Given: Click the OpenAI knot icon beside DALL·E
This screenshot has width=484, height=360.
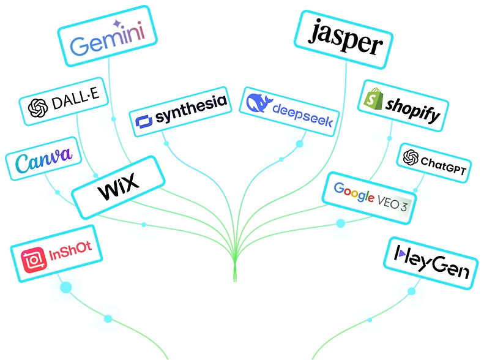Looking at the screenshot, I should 38,108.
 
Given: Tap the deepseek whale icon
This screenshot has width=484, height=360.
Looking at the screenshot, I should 258,102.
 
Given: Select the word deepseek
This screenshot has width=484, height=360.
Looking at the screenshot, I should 302,117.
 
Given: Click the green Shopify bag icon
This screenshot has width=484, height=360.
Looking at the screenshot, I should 373,98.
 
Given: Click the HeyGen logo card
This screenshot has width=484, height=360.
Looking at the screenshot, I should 432,260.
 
